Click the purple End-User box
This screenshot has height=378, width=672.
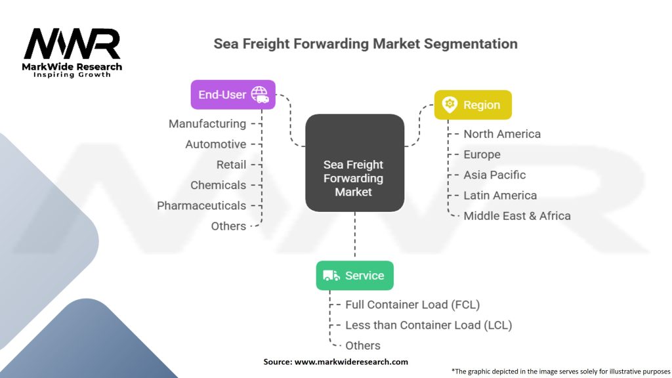coord(232,94)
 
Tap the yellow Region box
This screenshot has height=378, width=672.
coord(472,105)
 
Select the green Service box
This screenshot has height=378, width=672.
coord(354,276)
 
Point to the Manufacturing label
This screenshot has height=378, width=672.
coord(207,123)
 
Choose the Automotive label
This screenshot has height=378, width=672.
coord(216,144)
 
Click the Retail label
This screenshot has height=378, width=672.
coord(232,164)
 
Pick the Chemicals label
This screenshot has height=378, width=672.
coord(219,185)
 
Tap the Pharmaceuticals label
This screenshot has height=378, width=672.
coord(201,205)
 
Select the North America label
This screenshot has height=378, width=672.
coord(502,134)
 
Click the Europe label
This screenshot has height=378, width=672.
coord(482,154)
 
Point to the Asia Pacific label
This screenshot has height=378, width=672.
coord(494,175)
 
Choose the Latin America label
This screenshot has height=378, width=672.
coord(500,196)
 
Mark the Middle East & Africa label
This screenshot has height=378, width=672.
coord(517,216)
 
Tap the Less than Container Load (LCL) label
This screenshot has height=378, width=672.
coord(429,325)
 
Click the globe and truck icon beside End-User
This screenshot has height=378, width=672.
coord(260,94)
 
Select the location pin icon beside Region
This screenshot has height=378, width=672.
coord(450,105)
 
